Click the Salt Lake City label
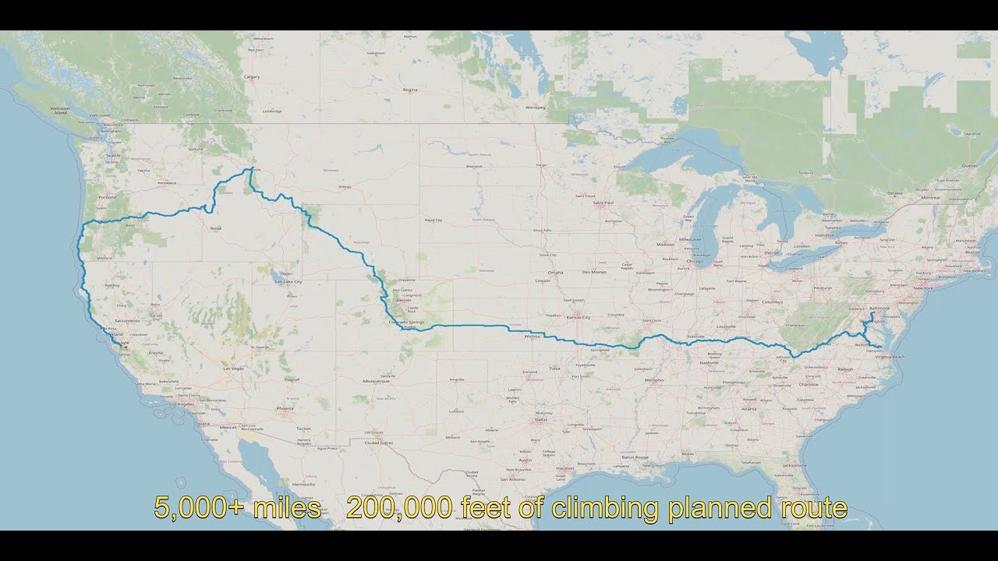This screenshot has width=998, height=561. (288, 281)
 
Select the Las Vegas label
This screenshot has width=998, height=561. (233, 368)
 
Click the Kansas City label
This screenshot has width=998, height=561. (578, 318)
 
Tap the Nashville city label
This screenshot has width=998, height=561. (709, 363)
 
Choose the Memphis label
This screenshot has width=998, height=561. (654, 380)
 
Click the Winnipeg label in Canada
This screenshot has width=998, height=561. (535, 108)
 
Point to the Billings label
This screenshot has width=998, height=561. (346, 187)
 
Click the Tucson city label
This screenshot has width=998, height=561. (303, 429)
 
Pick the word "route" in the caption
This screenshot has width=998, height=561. (815, 508)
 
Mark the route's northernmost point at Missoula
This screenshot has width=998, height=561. (249, 169)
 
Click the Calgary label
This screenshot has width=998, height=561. (251, 77)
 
